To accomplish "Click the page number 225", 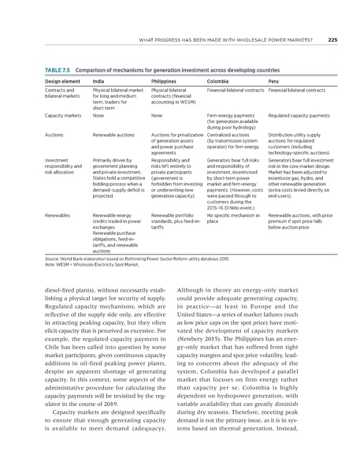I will (x=332, y=39).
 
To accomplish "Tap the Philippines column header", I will (x=164, y=81).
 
